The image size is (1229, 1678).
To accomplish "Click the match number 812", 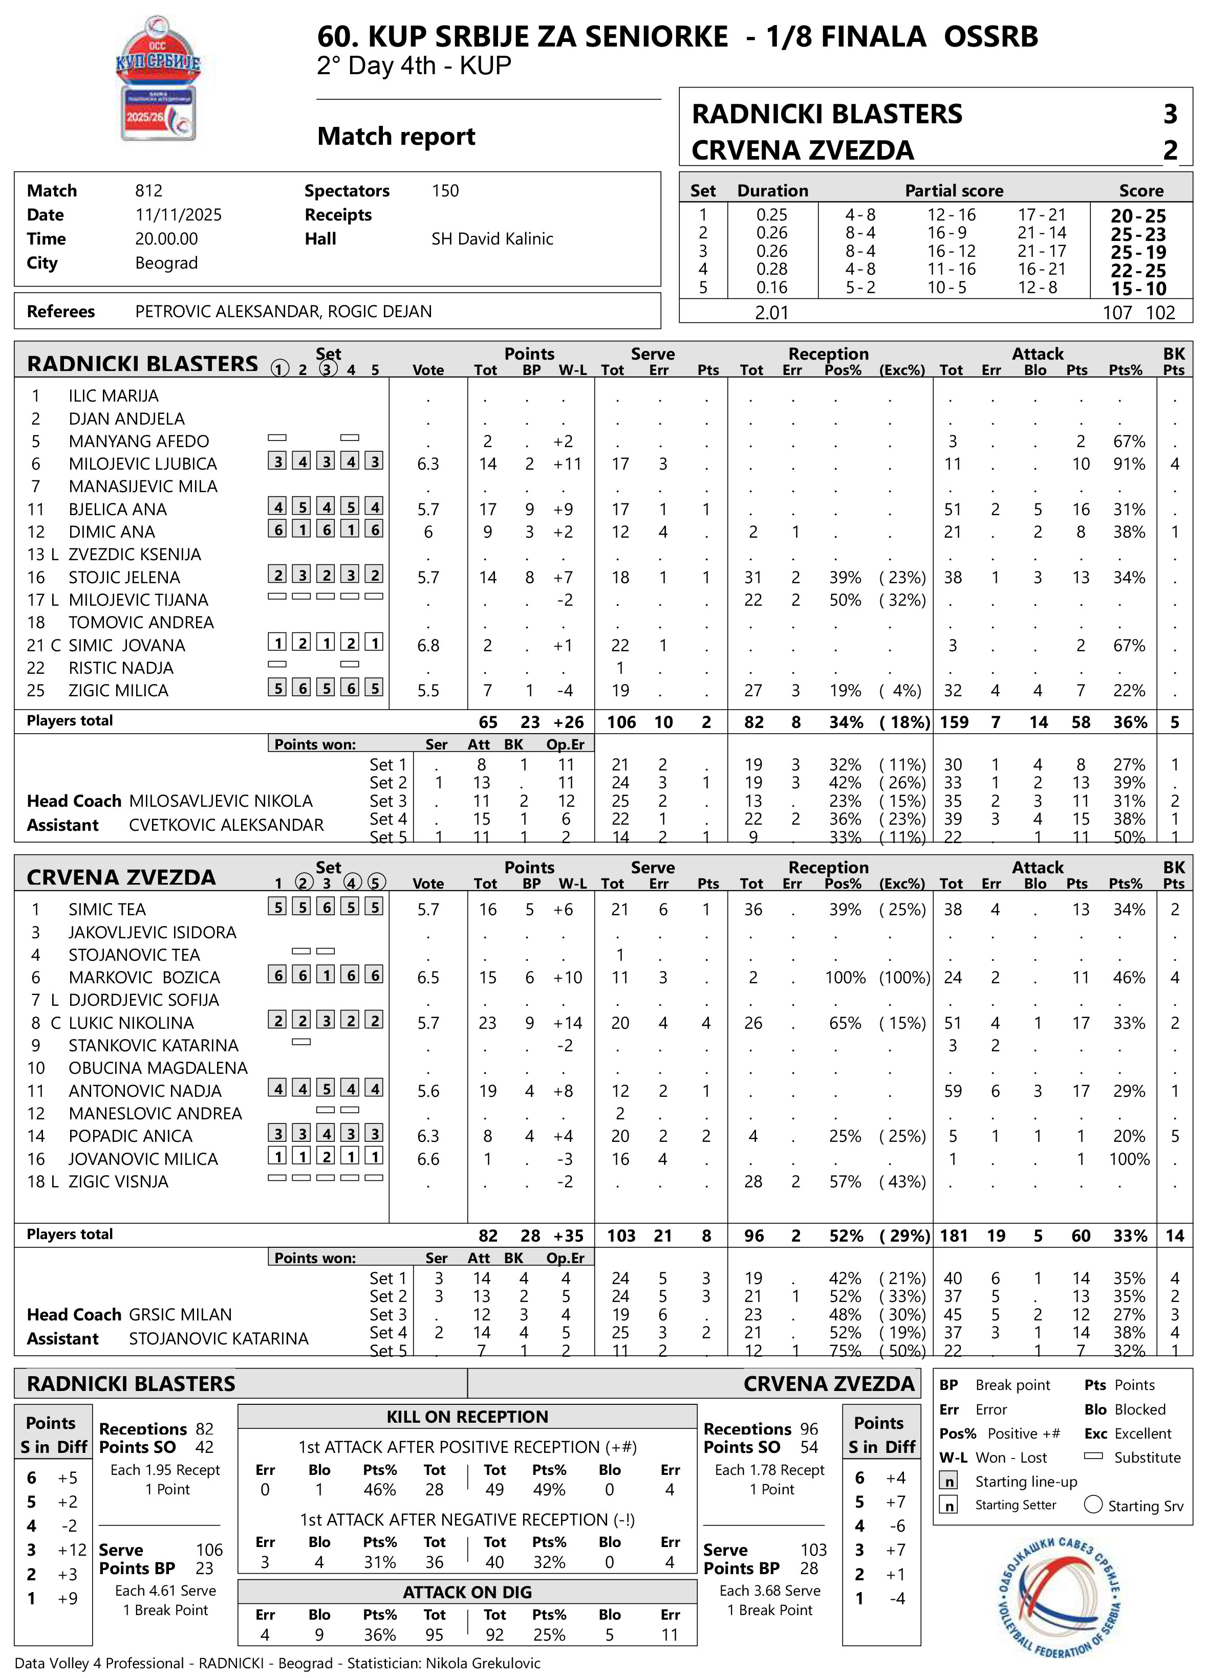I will click(x=149, y=191).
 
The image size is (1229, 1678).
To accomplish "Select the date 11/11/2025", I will click(x=179, y=215).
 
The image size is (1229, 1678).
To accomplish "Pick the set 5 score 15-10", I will click(x=1138, y=289).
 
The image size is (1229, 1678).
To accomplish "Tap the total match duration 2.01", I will click(x=771, y=313).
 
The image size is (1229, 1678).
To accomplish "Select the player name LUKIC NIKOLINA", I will click(x=131, y=1023).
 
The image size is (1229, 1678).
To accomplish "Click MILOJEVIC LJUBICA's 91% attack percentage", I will click(x=1129, y=464).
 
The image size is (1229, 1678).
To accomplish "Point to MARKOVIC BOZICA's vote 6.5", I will click(x=428, y=978).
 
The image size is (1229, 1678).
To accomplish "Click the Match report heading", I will click(x=397, y=137).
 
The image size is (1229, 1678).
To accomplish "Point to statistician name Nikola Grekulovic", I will click(x=483, y=1663).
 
